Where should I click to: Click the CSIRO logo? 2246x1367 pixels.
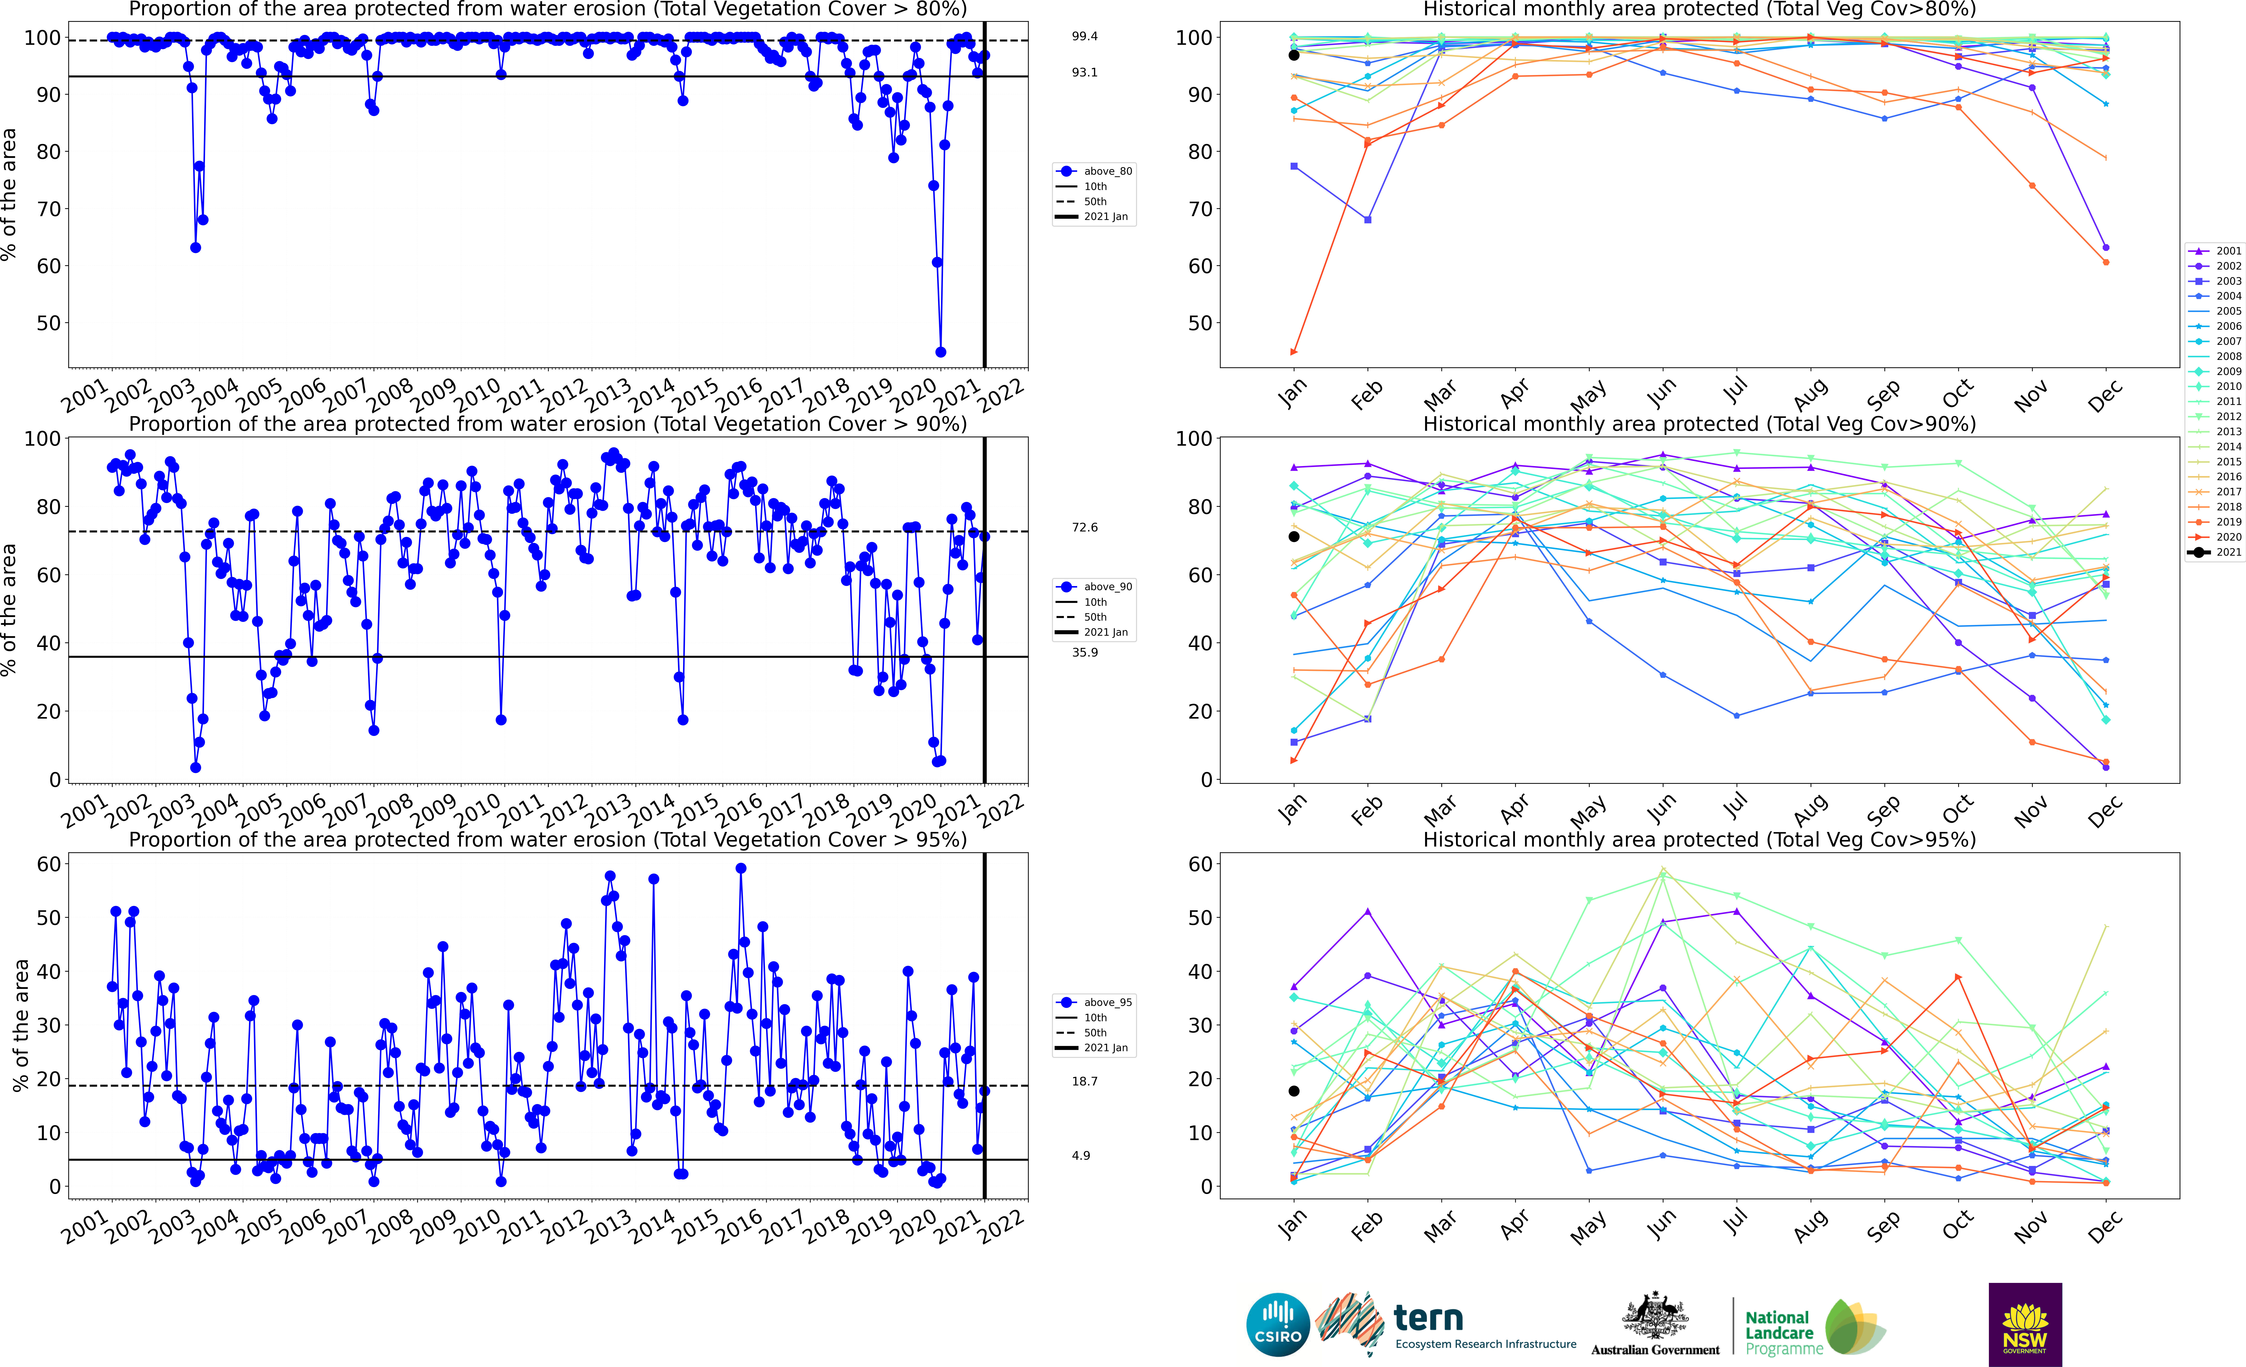click(x=1278, y=1324)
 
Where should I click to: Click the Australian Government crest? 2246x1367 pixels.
click(x=1654, y=1317)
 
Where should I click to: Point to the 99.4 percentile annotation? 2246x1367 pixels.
click(x=1085, y=36)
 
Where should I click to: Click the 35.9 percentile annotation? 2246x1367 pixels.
click(x=1085, y=652)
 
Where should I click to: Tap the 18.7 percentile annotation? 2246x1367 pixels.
click(x=1085, y=1082)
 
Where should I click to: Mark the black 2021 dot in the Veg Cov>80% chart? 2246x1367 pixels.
click(x=1293, y=56)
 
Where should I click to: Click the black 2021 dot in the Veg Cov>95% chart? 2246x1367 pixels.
click(x=1293, y=1091)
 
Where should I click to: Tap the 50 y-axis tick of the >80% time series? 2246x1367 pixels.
click(x=47, y=323)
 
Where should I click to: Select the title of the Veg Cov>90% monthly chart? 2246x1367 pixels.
click(x=1699, y=424)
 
